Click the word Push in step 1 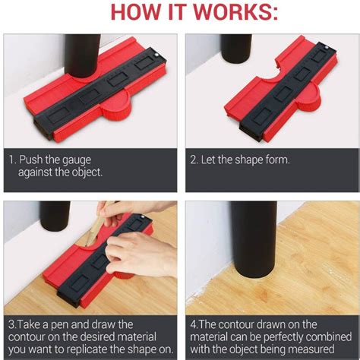33,161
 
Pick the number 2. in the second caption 195,161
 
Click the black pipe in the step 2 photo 238,46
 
